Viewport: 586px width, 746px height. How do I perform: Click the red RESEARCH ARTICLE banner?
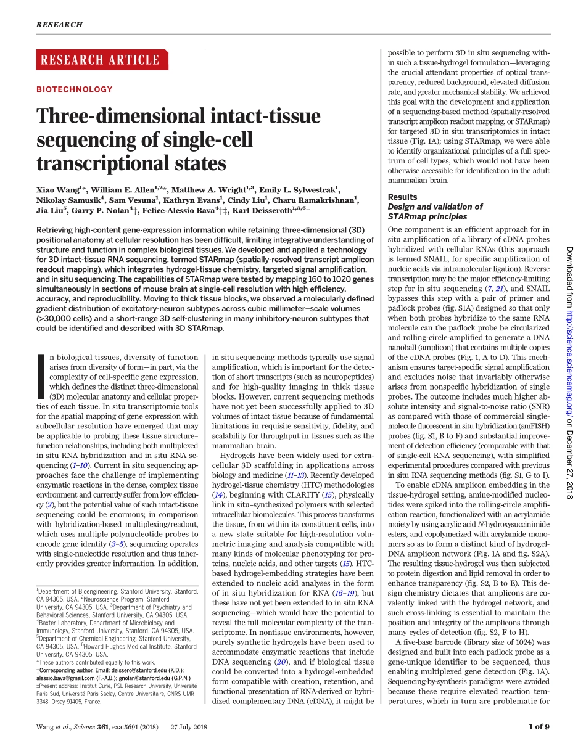pyautogui.click(x=99, y=60)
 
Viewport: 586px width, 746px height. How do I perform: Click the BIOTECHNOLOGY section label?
pyautogui.click(x=75, y=89)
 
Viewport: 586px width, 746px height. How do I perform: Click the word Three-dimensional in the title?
pyautogui.click(x=115, y=117)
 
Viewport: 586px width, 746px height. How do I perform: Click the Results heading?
pyautogui.click(x=403, y=197)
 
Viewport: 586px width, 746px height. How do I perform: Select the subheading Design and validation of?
pyautogui.click(x=435, y=207)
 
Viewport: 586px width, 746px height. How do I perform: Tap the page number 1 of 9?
pyautogui.click(x=539, y=726)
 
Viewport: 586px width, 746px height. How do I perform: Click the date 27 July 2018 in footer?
pyautogui.click(x=191, y=726)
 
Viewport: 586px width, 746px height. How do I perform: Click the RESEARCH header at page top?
pyautogui.click(x=59, y=25)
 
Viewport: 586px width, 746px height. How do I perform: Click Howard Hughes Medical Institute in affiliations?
pyautogui.click(x=152, y=647)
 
